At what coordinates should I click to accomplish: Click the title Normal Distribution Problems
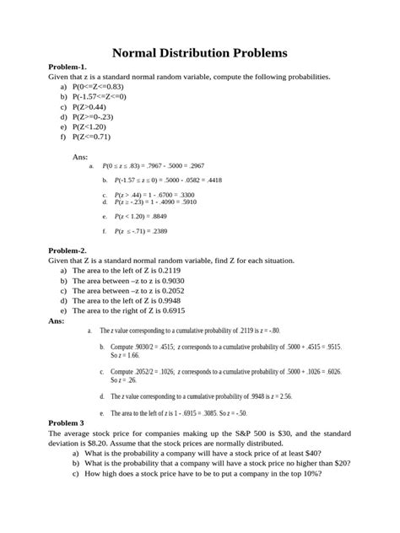(x=200, y=53)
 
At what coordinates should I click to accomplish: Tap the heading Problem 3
(x=45, y=423)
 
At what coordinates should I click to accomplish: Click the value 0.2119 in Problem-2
(x=180, y=271)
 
